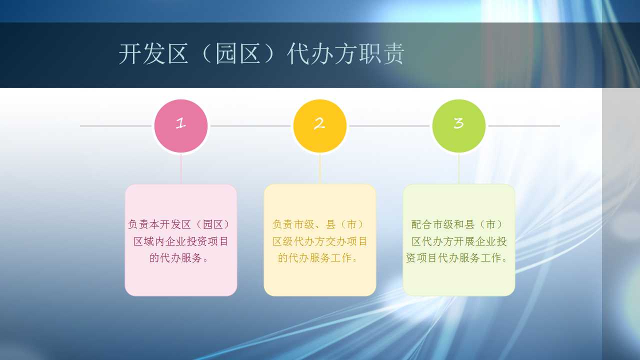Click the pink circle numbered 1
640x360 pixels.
click(x=181, y=126)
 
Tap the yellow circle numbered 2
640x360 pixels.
click(x=319, y=126)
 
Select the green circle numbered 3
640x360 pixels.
click(x=459, y=126)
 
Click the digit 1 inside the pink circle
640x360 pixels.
click(x=180, y=123)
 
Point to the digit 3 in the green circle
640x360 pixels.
click(x=458, y=123)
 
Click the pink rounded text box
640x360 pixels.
click(x=181, y=240)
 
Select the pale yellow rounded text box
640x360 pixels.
click(x=319, y=240)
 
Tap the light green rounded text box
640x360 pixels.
click(x=459, y=240)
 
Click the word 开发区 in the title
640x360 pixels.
click(x=153, y=53)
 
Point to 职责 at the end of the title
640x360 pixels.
click(x=381, y=53)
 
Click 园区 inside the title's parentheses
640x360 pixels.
click(x=237, y=53)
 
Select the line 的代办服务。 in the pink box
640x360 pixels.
click(x=179, y=257)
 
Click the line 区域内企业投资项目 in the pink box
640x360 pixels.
click(x=181, y=241)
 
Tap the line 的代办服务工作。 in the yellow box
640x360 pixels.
click(x=318, y=257)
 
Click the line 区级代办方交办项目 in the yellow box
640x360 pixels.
click(x=319, y=241)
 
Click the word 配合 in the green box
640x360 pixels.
click(x=421, y=224)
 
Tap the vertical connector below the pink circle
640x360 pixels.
click(x=181, y=169)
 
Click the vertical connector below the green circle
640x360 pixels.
click(x=459, y=169)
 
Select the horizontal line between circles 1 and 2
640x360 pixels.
click(x=250, y=126)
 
